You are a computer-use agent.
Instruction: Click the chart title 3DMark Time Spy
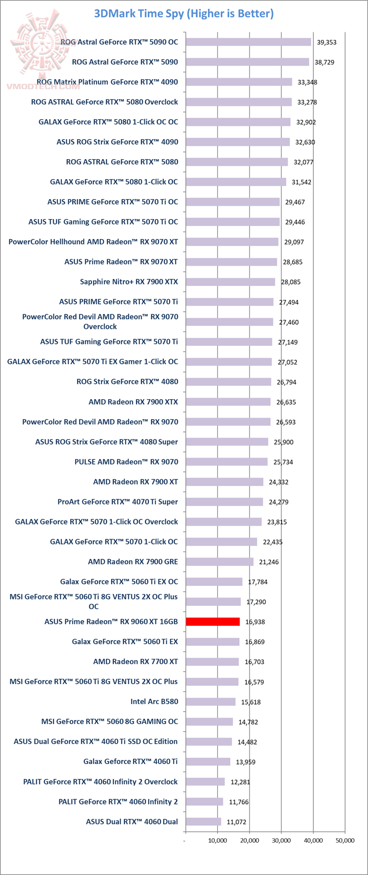[x=183, y=14]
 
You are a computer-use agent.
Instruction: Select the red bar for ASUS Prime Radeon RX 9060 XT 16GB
[x=213, y=622]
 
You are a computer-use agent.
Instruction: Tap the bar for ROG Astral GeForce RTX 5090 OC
[x=248, y=42]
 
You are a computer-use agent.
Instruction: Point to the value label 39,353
[x=327, y=42]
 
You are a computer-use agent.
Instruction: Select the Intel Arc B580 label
[x=154, y=702]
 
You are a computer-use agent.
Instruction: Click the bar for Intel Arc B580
[x=211, y=702]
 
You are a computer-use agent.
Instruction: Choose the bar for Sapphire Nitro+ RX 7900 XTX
[x=230, y=282]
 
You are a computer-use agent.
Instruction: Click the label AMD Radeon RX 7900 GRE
[x=133, y=562]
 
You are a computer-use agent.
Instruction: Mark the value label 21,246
[x=269, y=562]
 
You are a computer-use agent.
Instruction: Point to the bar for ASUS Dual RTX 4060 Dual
[x=203, y=822]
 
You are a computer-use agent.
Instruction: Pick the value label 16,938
[x=255, y=622]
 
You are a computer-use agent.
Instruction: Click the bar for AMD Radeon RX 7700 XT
[x=212, y=662]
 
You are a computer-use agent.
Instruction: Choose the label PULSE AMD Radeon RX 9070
[x=126, y=462]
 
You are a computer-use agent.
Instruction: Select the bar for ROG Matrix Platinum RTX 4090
[x=239, y=82]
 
